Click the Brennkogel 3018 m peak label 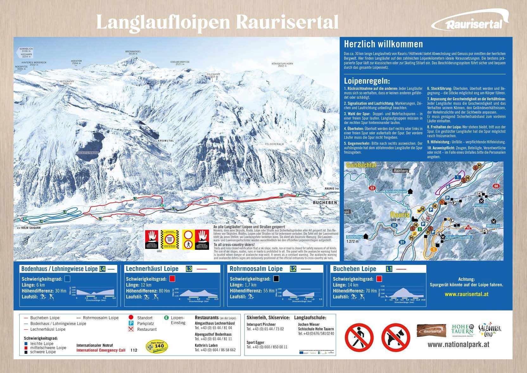pyautogui.click(x=133, y=52)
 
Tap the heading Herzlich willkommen pyautogui.click(x=383, y=44)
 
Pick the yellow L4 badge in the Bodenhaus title pyautogui.click(x=102, y=269)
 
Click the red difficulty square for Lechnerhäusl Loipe pyautogui.click(x=172, y=279)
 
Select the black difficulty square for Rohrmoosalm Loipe pyautogui.click(x=276, y=279)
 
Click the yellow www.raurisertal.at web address pyautogui.click(x=466, y=294)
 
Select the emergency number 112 pyautogui.click(x=134, y=350)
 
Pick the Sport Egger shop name pyautogui.click(x=255, y=342)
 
